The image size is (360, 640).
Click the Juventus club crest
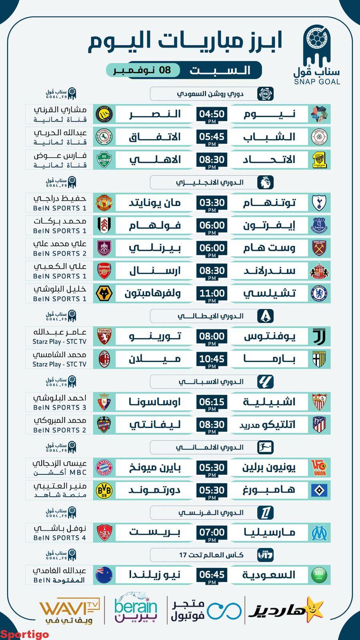click(x=319, y=336)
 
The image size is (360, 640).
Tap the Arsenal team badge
click(x=104, y=271)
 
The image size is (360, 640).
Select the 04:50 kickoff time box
click(x=212, y=114)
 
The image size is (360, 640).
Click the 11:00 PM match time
click(x=212, y=294)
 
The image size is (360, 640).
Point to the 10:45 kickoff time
click(x=212, y=359)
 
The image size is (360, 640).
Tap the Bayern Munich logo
click(x=104, y=467)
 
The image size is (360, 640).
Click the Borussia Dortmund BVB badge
click(x=104, y=490)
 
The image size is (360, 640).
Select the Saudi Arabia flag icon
click(x=319, y=575)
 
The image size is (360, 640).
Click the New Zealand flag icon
click(x=104, y=575)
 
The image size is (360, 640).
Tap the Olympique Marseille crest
click(x=319, y=532)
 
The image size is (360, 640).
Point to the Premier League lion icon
click(x=265, y=182)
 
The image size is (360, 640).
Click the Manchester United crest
click(x=104, y=203)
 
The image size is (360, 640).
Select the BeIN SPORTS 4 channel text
click(x=60, y=538)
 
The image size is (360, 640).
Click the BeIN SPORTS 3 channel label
click(x=60, y=407)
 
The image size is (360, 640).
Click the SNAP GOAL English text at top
click(x=317, y=82)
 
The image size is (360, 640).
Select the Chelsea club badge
click(x=319, y=294)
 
